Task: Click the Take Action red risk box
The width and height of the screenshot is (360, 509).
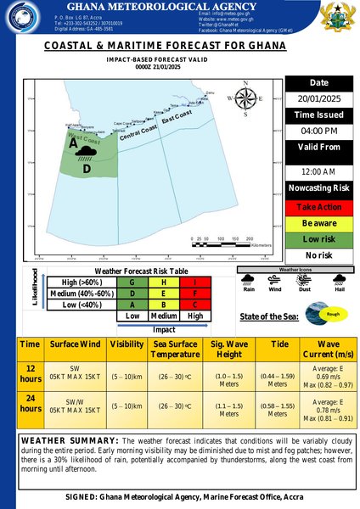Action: (318, 207)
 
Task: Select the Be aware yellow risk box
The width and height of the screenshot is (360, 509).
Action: (318, 222)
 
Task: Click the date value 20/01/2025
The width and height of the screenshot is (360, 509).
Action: (318, 98)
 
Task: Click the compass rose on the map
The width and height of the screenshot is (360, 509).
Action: (246, 99)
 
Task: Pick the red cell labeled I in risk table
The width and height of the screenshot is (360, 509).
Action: (195, 282)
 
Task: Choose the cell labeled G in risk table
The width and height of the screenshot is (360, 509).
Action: (132, 282)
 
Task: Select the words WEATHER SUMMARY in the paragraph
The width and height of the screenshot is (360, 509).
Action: (68, 441)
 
